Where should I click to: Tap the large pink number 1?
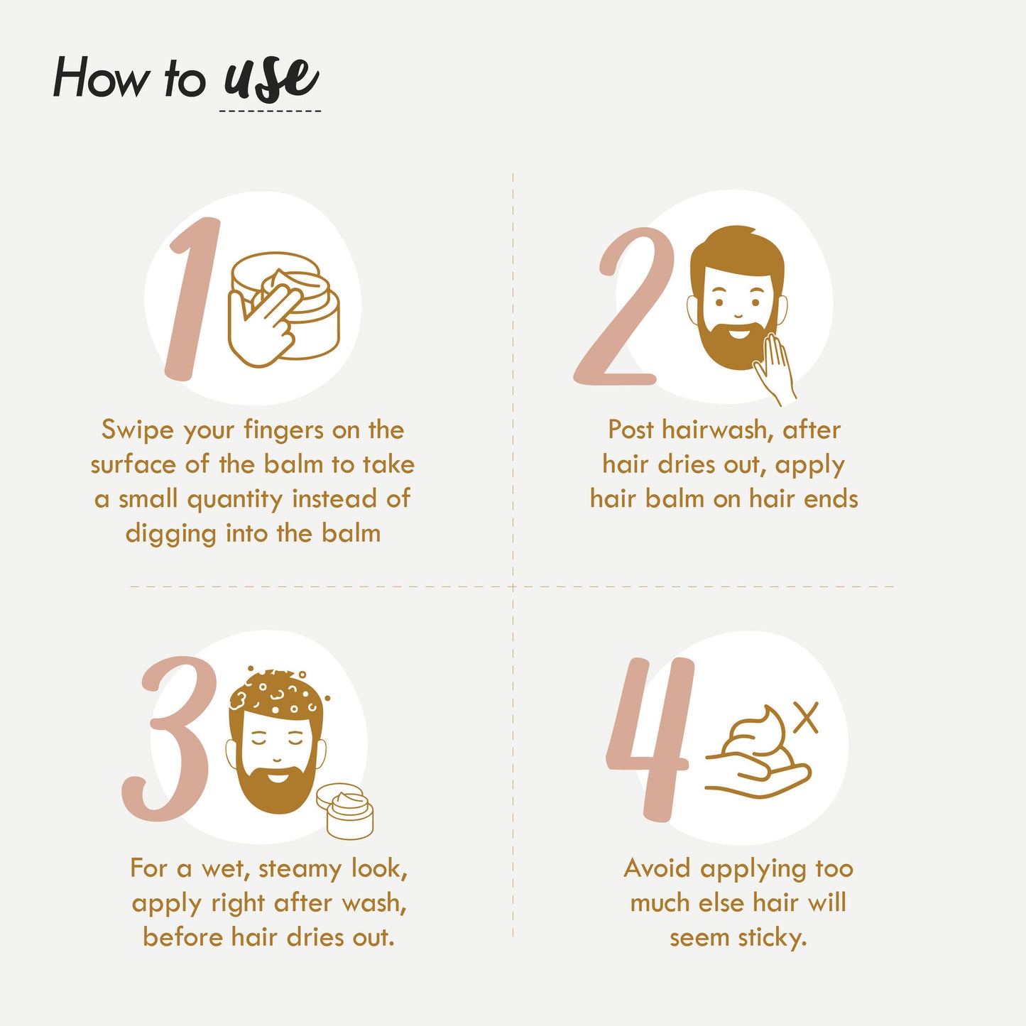pyautogui.click(x=192, y=299)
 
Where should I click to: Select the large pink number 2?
pyautogui.click(x=623, y=305)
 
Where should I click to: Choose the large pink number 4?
pyautogui.click(x=650, y=739)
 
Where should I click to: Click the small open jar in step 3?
pyautogui.click(x=345, y=811)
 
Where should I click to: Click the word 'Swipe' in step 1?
pyautogui.click(x=137, y=430)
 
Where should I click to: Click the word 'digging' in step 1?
pyautogui.click(x=171, y=535)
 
